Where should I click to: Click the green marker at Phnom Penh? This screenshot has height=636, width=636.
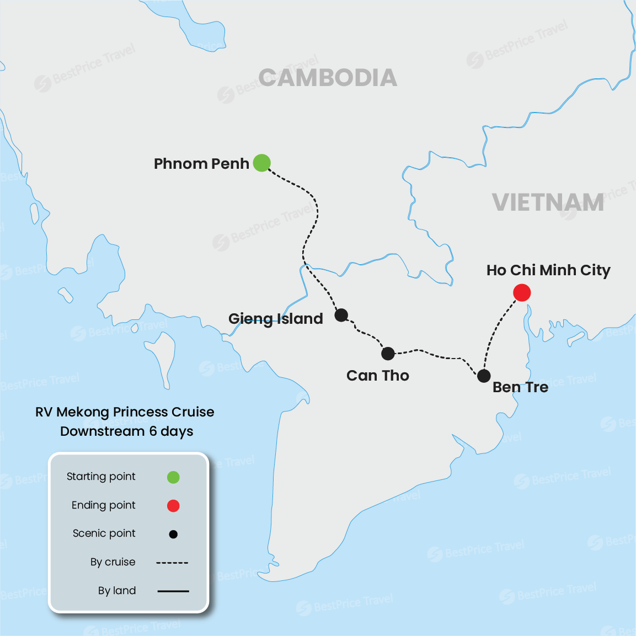tap(261, 163)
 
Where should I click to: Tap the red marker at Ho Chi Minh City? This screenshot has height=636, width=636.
tap(522, 292)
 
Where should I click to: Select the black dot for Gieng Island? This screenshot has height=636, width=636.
tap(341, 315)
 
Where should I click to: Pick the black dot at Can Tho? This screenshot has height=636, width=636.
tap(388, 353)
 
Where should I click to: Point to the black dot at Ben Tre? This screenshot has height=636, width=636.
tap(484, 376)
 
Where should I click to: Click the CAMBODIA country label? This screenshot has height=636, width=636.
tap(328, 78)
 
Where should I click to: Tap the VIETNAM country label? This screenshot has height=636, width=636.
tap(548, 202)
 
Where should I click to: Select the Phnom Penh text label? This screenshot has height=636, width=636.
tap(201, 164)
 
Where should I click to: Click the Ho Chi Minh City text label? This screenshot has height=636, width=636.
tap(548, 270)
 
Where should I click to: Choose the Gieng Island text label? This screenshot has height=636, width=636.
tap(275, 319)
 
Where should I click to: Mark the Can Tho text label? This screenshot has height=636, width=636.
tap(378, 376)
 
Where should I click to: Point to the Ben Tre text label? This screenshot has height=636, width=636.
tap(520, 387)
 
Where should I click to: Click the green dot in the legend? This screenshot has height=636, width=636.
tap(173, 477)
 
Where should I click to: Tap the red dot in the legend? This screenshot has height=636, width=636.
tap(173, 505)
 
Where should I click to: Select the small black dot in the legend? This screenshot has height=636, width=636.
tap(173, 534)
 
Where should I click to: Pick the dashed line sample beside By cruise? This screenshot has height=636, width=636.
tap(172, 563)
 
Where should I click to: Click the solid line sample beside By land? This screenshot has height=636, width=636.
tap(173, 591)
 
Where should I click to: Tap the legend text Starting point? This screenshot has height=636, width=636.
tap(101, 477)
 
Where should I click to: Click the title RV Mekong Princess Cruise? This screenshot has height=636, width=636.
tap(125, 412)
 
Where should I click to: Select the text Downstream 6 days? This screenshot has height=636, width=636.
tap(127, 431)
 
